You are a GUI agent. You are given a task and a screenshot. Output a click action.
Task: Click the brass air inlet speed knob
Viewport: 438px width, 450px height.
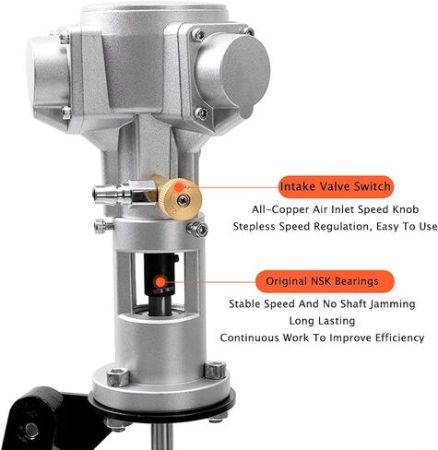[x=180, y=198]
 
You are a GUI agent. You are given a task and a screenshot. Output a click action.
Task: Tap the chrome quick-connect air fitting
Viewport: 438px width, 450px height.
[x=123, y=193]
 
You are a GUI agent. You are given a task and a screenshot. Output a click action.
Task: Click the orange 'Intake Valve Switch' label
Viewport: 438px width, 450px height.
[x=336, y=186]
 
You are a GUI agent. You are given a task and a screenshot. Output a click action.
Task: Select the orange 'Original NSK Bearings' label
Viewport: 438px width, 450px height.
[x=325, y=281]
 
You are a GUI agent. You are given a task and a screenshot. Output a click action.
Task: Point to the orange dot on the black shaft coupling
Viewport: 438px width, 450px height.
[x=160, y=281]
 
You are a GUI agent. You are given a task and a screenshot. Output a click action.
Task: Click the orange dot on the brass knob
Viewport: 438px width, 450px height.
[x=179, y=187]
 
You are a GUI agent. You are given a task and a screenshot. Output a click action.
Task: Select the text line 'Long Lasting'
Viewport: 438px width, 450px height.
[x=322, y=321]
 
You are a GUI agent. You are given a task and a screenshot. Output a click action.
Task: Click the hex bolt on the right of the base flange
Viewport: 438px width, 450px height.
[x=215, y=370]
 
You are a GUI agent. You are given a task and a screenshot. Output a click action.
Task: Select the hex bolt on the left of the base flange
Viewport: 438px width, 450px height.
[x=118, y=377]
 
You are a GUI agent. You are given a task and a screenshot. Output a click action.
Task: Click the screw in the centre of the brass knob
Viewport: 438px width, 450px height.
[x=183, y=200]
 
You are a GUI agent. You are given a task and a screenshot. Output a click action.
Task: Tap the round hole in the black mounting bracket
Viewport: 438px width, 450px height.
[x=31, y=430]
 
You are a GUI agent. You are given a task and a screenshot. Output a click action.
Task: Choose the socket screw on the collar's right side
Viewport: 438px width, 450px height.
[x=197, y=229]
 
